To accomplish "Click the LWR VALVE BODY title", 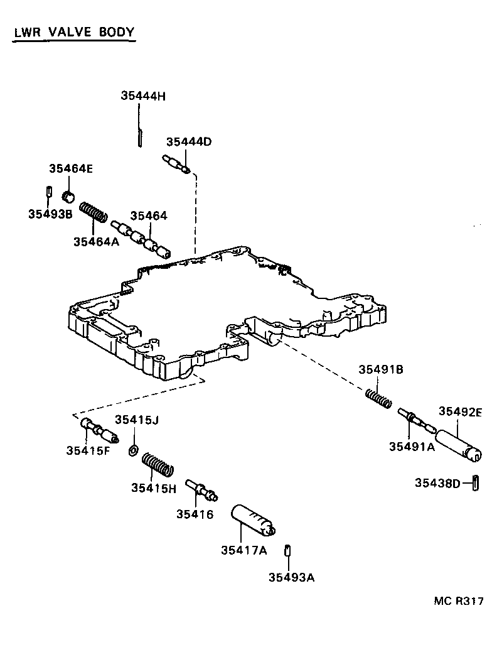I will coord(73,32).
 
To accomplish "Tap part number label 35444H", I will coord(142,96).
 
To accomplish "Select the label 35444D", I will coord(188,142).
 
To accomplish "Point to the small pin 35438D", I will coord(476,482).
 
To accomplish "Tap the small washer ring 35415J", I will coord(133,450).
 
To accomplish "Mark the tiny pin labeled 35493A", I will coord(288,550).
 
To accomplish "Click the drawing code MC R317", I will coord(458,600).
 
